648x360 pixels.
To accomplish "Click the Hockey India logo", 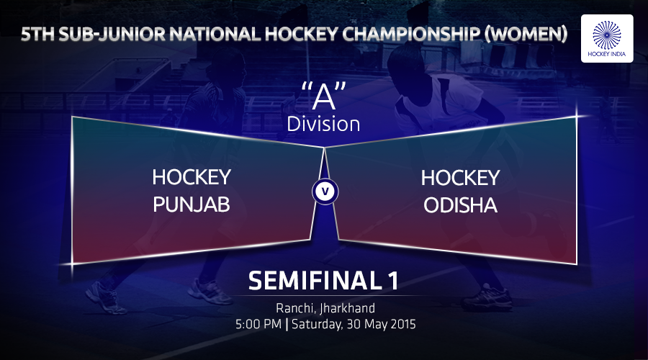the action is pos(607,38).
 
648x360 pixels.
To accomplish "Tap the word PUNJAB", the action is pos(192,204).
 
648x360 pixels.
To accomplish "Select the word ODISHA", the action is pos(460,205).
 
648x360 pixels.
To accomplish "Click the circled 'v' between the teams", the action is pos(325,192).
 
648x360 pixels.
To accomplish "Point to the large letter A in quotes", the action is pos(323,97).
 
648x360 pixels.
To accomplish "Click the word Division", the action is pos(323,124).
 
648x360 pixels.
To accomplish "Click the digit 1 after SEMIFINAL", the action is pos(393,281).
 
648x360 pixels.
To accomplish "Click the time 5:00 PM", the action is pos(258,324).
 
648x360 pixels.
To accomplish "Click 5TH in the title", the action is pos(37,35).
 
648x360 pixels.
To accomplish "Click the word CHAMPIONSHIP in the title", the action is pos(410,35).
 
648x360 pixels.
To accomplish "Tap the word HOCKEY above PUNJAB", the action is pos(192,177).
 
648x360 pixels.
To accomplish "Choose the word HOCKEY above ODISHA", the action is pos(460,178).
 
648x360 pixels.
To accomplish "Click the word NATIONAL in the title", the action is pos(215,35).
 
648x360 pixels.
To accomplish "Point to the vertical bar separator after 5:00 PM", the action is pos(287,324).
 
